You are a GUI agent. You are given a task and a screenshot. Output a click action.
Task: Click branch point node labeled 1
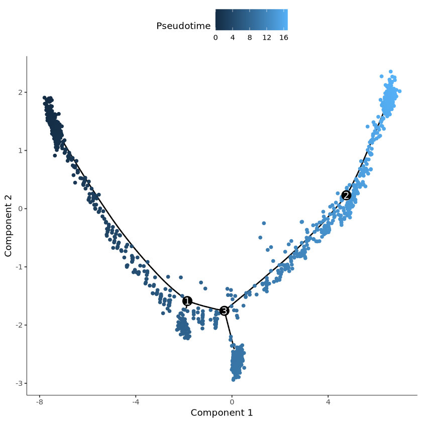187,301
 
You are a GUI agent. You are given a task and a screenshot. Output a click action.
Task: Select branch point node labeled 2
346,195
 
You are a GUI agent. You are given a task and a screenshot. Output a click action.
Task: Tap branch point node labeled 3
224,311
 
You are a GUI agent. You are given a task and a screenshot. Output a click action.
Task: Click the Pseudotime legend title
183,26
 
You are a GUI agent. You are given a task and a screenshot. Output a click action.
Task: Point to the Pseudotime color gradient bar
251,20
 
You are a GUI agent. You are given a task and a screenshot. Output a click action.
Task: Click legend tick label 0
216,37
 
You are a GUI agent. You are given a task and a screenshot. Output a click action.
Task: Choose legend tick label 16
283,37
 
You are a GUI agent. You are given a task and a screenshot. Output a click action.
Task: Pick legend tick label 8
250,37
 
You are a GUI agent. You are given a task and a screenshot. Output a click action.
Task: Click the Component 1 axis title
222,412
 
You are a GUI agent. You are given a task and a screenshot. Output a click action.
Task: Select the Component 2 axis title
9,220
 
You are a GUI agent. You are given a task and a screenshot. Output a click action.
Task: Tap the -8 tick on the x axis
39,402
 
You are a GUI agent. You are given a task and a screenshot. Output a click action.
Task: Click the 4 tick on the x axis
328,402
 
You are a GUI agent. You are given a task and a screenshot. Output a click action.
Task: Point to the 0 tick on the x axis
232,402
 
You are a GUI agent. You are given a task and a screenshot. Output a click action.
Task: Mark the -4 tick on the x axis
135,402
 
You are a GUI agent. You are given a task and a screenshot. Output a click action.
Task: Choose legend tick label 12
267,37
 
